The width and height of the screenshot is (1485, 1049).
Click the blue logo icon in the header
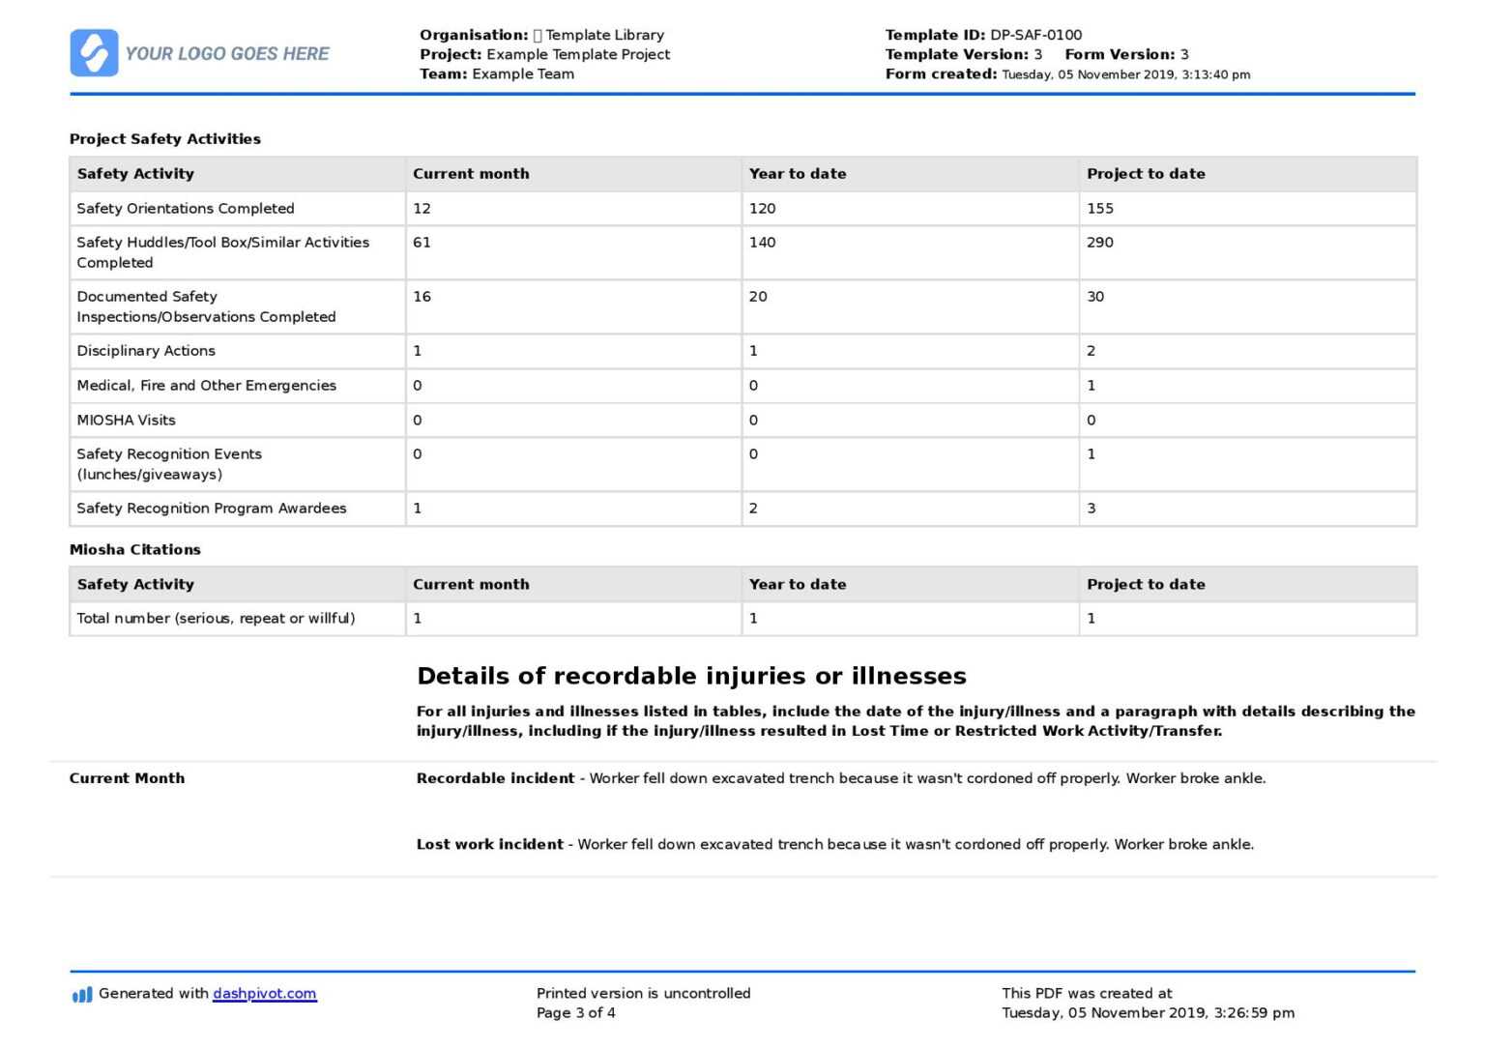coord(94,53)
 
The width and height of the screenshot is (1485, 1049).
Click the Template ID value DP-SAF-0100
coord(1035,35)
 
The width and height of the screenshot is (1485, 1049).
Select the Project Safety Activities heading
coord(165,139)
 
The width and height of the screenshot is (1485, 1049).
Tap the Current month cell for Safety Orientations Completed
coord(422,209)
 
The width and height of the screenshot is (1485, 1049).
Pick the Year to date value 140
coord(762,243)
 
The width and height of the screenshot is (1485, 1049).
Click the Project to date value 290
coord(1099,243)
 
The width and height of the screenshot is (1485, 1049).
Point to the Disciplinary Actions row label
coord(146,351)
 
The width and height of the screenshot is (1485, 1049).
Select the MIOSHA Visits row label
coord(126,421)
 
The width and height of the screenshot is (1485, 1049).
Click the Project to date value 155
coord(1099,209)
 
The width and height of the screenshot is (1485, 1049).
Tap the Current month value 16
coord(422,297)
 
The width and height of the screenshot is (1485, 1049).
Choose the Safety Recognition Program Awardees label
coord(211,509)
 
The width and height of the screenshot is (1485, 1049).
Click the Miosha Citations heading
coord(135,550)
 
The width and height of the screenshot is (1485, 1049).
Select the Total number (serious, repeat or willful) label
coord(216,619)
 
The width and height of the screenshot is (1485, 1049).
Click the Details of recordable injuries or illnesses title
coord(691,676)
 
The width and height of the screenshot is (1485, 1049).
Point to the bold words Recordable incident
coord(495,779)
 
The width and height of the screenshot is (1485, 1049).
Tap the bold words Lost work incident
coord(489,845)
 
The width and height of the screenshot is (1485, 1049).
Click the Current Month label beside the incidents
coord(127,779)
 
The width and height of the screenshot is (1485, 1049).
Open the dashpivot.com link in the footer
coord(264,994)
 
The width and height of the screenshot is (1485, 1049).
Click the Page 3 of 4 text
coord(575,1013)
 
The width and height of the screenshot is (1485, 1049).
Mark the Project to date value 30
coord(1094,297)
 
